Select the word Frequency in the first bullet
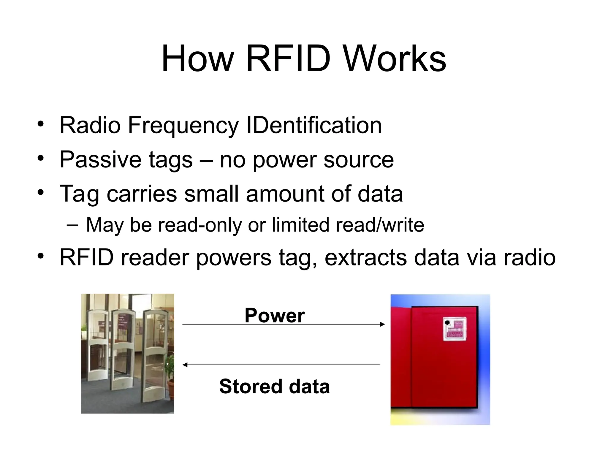click(183, 126)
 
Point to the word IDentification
click(314, 125)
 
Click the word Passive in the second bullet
click(100, 159)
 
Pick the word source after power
click(359, 160)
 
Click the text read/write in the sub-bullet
click(380, 225)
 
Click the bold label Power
click(275, 315)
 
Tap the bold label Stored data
click(274, 387)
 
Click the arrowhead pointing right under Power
click(382, 324)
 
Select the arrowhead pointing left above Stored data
click(185, 365)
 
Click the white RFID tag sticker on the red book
click(454, 329)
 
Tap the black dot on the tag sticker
click(447, 322)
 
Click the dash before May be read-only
click(72, 225)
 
